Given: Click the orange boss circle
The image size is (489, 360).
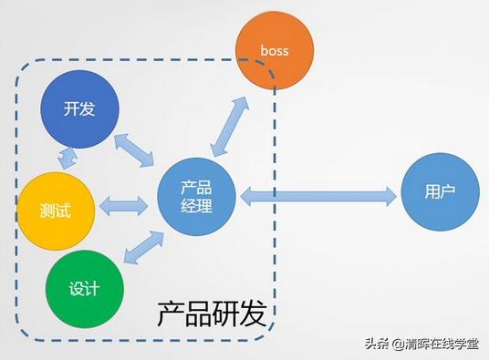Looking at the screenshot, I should pos(275,51).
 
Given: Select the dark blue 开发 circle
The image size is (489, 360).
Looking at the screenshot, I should pos(80,109).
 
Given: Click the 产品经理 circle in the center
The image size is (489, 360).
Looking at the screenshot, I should pos(197,195).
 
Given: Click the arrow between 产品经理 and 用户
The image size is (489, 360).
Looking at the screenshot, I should pos(318,194).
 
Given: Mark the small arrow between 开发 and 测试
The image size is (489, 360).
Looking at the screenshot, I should pos(66,158).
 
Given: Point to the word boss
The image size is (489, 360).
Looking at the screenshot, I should pos(275,51).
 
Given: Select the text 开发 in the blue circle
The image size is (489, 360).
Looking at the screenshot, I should pos(79,109).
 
